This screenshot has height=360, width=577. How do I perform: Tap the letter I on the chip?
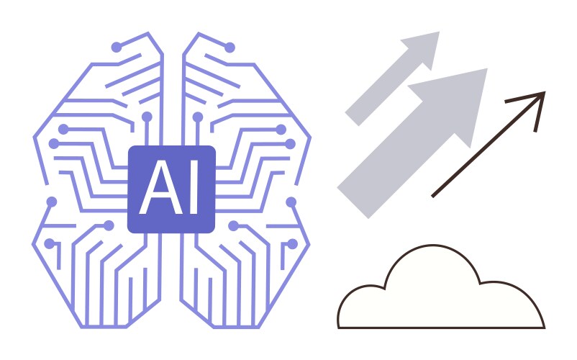coord(194,187)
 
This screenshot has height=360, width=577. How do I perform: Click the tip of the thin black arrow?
coord(545,92)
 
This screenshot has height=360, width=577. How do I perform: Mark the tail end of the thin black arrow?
coord(433,196)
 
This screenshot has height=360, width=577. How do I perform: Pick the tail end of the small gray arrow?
coord(352,120)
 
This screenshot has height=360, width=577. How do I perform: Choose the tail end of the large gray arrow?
coord(353,203)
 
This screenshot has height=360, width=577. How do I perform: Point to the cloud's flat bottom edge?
coord(441,328)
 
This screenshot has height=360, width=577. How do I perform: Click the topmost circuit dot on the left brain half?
coord(117,47)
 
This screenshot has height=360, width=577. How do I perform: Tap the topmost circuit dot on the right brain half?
coord(230,48)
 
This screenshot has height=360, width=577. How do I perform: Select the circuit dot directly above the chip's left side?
coord(147,117)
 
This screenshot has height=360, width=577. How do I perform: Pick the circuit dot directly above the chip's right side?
coord(198,117)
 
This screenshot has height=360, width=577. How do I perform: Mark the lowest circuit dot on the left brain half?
coord(50,243)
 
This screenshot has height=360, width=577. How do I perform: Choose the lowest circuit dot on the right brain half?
coord(292,243)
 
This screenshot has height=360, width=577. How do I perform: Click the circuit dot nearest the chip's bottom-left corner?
coord(109,225)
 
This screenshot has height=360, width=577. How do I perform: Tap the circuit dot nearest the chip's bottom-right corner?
coord(233,225)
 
